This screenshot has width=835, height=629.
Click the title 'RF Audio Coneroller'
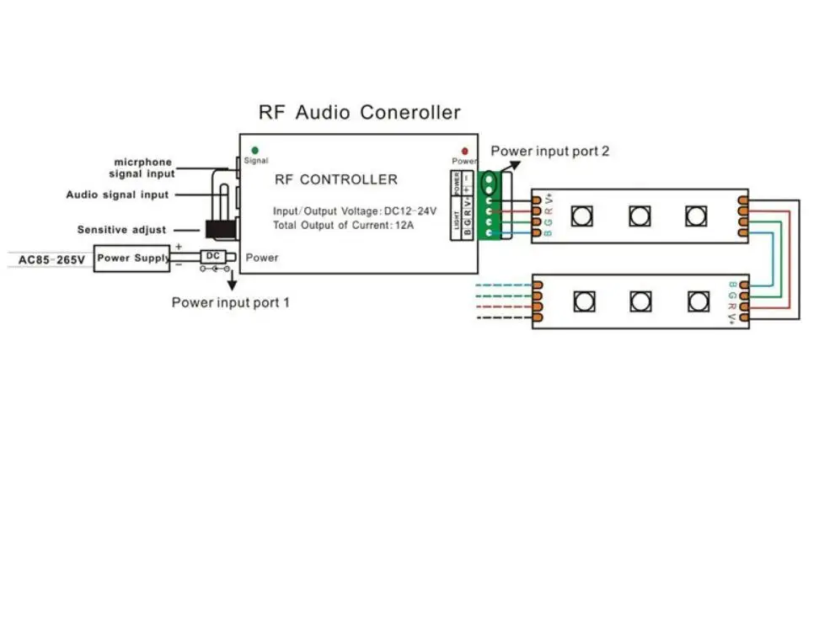point(359,112)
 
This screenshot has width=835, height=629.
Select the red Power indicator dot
point(463,151)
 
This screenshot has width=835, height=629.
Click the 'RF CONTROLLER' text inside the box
point(335,179)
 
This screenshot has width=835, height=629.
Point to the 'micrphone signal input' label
point(142,168)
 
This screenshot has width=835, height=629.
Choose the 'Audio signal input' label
point(118,195)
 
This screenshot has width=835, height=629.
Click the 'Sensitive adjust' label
point(121,230)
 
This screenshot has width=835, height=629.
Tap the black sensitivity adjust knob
point(222,229)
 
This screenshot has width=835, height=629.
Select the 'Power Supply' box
point(133,258)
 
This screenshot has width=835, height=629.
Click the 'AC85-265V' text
point(51,259)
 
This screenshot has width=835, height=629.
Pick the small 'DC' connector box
point(213,255)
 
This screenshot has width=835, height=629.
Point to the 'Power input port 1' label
point(231,302)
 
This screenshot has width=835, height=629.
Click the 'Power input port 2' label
point(549,152)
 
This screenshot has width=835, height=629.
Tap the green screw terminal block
point(489,206)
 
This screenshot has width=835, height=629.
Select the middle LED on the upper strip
point(640,216)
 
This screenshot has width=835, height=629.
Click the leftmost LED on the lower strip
point(583,301)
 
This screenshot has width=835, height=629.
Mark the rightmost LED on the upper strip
point(695,216)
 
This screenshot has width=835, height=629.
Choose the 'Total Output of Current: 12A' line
point(343,226)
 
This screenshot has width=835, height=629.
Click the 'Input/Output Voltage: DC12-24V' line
point(354,211)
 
